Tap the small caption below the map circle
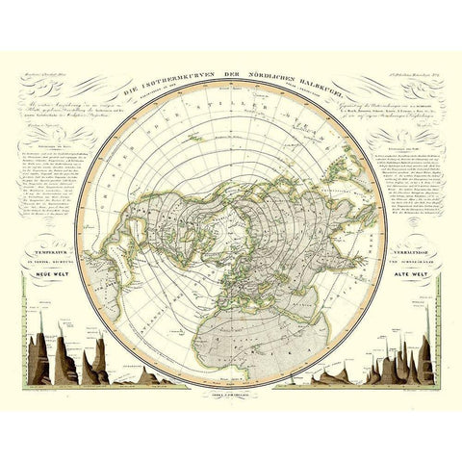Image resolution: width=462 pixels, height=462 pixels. pos(231,396)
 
